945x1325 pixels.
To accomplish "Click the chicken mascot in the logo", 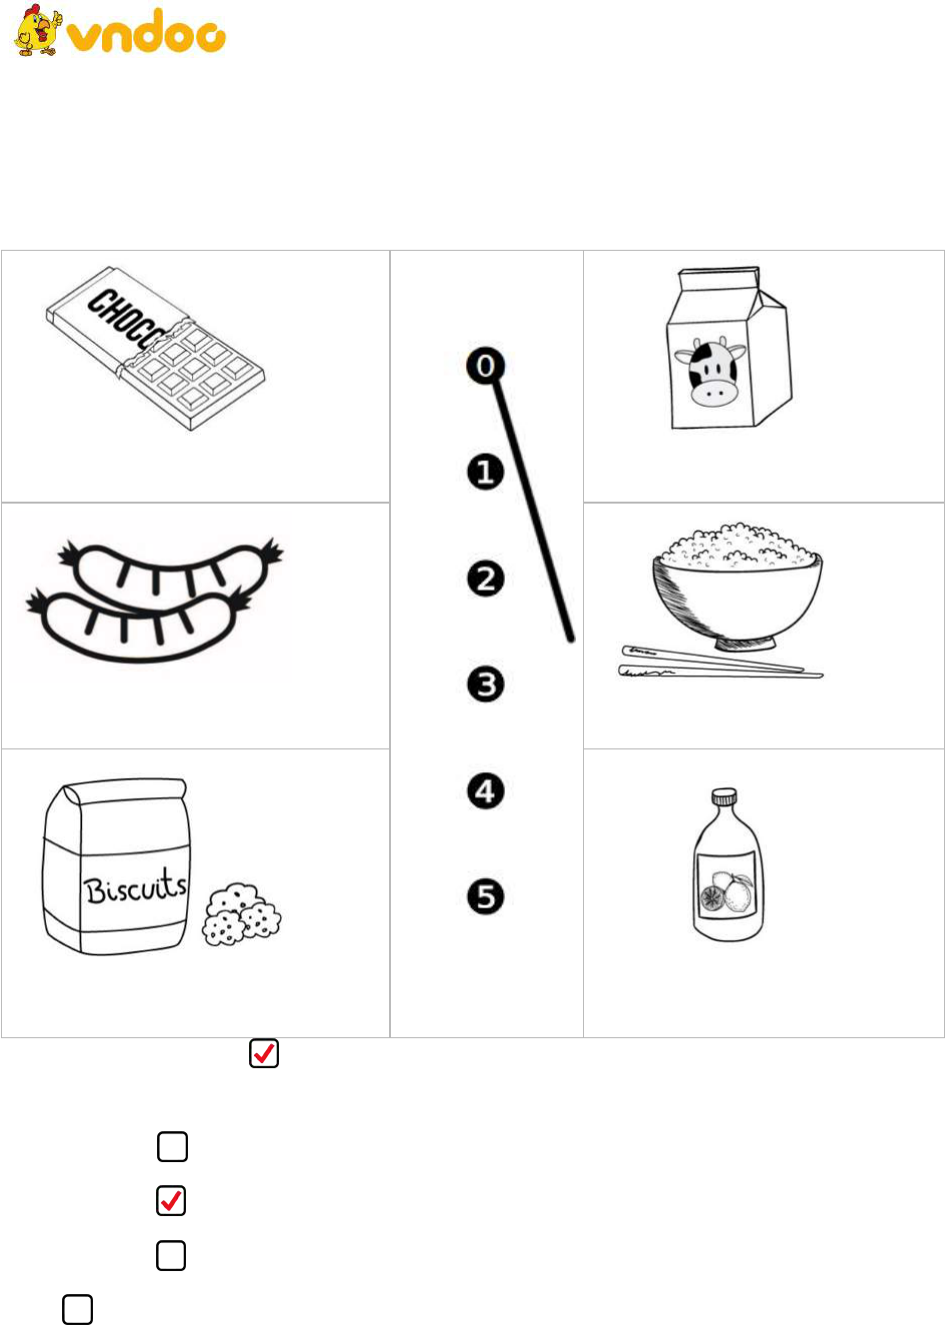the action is click(38, 30).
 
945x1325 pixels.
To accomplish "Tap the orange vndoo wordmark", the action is click(146, 31).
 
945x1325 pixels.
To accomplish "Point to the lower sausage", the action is click(140, 626).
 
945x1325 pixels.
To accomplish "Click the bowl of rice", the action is click(737, 587).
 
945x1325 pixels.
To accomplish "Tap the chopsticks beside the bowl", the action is click(720, 662).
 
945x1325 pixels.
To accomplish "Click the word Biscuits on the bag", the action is click(136, 887).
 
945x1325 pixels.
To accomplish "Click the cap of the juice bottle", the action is click(724, 796).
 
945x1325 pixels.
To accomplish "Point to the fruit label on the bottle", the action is click(728, 886).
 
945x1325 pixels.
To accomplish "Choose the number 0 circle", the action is click(486, 366).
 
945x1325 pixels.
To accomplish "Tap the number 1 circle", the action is click(486, 472).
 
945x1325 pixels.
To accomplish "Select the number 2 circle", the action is click(486, 579).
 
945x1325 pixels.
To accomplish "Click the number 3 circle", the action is click(486, 684).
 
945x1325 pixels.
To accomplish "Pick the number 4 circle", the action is click(486, 790).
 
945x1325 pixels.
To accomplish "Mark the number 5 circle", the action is click(486, 896).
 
